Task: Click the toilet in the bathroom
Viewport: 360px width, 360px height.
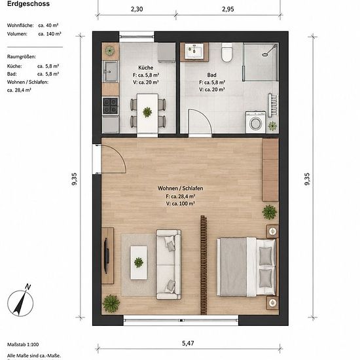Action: click(x=226, y=52)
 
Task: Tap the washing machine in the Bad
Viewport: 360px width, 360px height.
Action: click(x=255, y=122)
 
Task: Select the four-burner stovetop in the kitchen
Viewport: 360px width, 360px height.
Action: click(x=110, y=106)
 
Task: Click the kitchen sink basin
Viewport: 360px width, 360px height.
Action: click(x=111, y=71)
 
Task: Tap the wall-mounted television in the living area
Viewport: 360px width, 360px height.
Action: click(x=106, y=256)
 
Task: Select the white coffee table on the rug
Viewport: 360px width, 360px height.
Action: click(x=139, y=262)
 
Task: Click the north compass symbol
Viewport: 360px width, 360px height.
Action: click(x=20, y=301)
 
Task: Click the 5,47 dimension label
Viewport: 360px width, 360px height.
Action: click(x=188, y=343)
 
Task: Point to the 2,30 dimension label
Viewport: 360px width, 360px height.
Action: click(x=137, y=9)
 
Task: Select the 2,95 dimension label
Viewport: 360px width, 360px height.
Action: click(x=228, y=9)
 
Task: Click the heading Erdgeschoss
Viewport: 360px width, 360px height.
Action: click(x=28, y=4)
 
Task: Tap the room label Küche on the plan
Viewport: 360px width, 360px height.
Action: click(x=146, y=67)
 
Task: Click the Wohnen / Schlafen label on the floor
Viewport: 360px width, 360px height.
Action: click(x=181, y=189)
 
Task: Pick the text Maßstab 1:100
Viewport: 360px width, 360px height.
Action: click(x=23, y=344)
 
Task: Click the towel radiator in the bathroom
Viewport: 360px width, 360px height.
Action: click(x=273, y=105)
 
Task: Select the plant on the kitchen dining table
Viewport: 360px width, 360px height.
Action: click(x=147, y=112)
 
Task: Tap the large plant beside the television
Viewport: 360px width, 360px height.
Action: click(x=111, y=304)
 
